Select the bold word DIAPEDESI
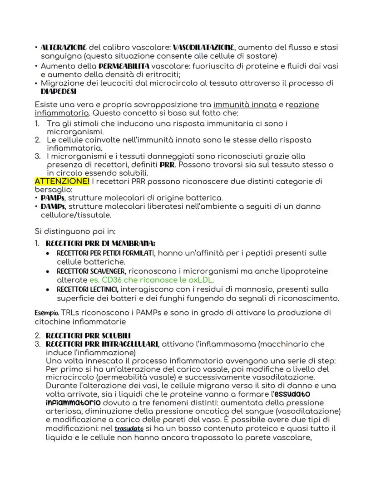coord(59,91)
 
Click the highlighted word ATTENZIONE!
coord(62,182)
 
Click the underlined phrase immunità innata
coord(245,104)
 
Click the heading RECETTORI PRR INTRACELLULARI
coord(102,344)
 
